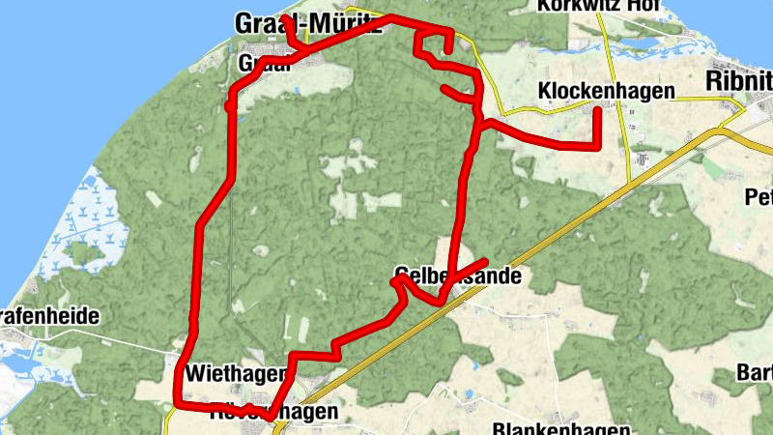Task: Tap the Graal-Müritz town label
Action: click(x=307, y=22)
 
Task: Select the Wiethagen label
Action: click(x=236, y=372)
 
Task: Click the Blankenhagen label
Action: click(x=560, y=428)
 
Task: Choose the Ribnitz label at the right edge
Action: click(x=740, y=79)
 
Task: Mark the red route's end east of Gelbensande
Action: click(x=484, y=261)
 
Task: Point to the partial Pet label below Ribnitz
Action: click(x=758, y=198)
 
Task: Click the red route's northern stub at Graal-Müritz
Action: click(x=287, y=19)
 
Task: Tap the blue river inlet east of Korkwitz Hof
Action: click(x=676, y=43)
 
